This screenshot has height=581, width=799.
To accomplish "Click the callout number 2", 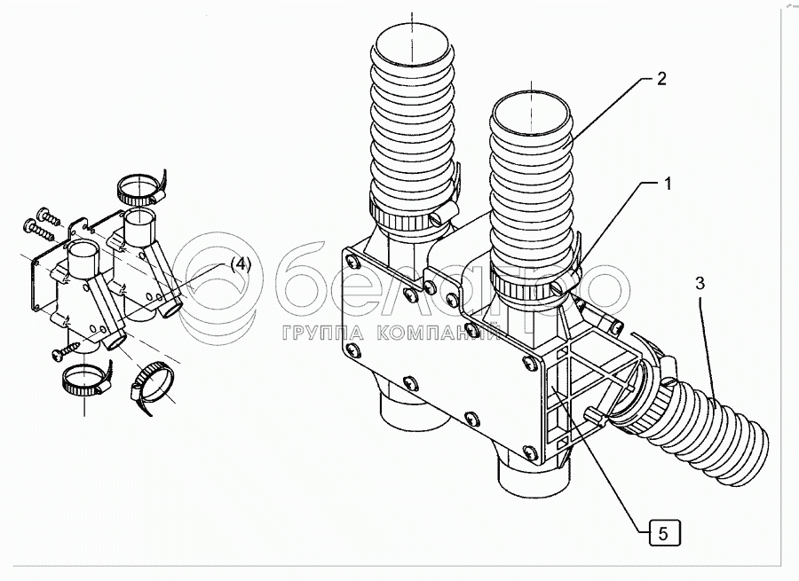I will coord(661,77).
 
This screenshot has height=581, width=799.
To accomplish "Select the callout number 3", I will coord(700,285).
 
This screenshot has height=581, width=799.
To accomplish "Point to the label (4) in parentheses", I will coord(241,263).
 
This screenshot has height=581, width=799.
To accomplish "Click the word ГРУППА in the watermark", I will coord(320,334).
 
